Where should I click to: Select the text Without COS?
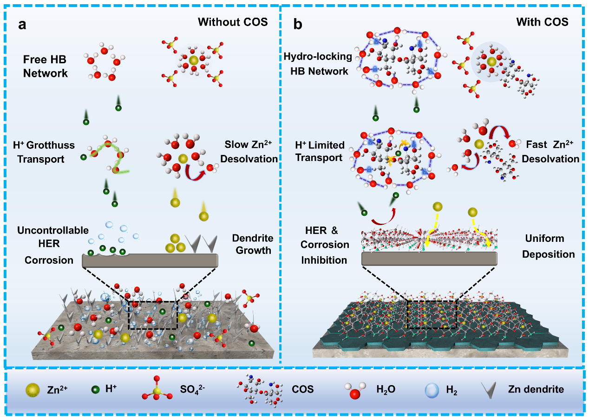click(x=233, y=22)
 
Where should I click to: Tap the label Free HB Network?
click(x=46, y=67)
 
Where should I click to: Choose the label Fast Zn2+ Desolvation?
click(x=550, y=152)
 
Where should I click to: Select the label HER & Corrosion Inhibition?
click(x=324, y=245)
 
